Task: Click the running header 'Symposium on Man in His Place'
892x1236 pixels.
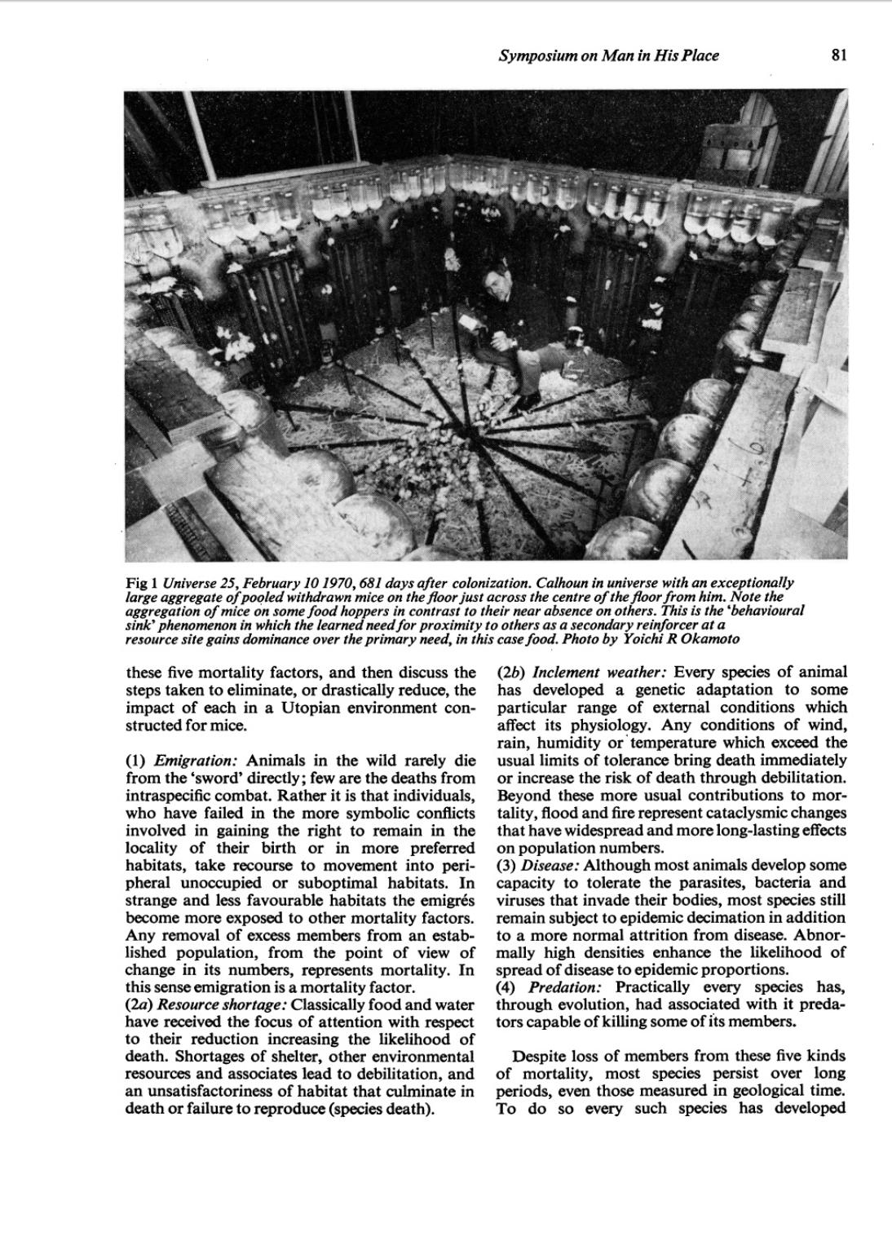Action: point(608,55)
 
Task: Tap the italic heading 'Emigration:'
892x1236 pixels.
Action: point(198,761)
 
